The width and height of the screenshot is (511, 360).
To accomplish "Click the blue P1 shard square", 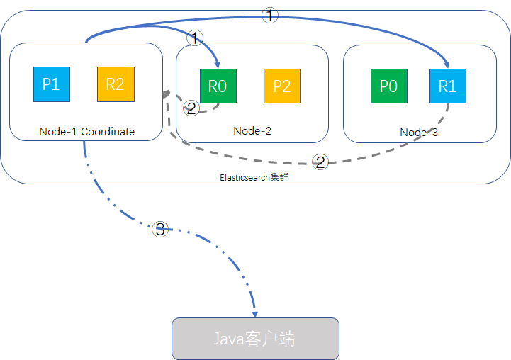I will (x=51, y=84).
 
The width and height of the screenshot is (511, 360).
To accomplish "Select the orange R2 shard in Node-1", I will (x=115, y=84).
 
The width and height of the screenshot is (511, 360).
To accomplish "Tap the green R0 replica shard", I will (x=218, y=86).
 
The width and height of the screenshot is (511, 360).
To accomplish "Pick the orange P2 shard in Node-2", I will (x=281, y=86).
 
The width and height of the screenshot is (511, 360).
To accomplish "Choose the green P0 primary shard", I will (x=388, y=86).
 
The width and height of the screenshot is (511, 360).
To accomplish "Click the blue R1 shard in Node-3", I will (x=447, y=86).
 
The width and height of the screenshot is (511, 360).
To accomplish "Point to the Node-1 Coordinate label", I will (x=87, y=131).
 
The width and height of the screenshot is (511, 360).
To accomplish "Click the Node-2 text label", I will (x=252, y=130).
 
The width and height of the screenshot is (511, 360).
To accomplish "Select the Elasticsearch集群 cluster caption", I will (x=254, y=177).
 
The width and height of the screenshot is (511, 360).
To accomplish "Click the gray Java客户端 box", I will (x=255, y=339).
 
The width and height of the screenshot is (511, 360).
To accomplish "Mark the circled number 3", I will (x=160, y=229).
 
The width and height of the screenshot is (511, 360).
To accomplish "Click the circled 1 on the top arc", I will (x=270, y=16).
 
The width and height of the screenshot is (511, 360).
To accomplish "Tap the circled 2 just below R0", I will (x=191, y=108).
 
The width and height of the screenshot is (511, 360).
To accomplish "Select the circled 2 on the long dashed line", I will (x=320, y=162).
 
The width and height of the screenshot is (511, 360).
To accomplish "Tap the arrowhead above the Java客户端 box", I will (x=254, y=313).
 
